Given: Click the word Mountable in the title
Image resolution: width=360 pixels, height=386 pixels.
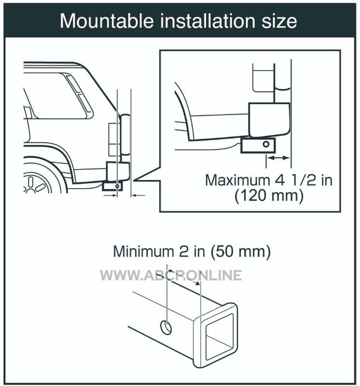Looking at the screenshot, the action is [x=107, y=21].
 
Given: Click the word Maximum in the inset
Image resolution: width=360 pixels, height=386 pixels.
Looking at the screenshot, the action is [x=237, y=180].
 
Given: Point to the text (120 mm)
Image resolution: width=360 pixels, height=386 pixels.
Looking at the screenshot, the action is [x=269, y=196].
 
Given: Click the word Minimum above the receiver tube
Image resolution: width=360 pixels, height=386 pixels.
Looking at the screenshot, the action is [x=144, y=251].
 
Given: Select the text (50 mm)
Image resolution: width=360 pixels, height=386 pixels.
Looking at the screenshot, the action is [x=241, y=252].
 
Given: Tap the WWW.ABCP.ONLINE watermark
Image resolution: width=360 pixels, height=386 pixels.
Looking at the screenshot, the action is [x=171, y=275].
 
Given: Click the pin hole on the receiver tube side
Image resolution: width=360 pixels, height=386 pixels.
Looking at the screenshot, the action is [x=166, y=328].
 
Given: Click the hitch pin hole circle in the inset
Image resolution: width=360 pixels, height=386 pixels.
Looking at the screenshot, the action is [x=266, y=144].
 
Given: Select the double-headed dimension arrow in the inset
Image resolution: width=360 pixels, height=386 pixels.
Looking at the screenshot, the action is [x=278, y=158].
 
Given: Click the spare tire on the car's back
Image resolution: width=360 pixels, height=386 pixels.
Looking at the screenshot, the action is [x=125, y=135].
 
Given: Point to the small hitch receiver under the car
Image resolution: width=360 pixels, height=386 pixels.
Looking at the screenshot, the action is [x=112, y=186].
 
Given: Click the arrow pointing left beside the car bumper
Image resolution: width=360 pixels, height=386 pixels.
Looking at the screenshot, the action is [x=138, y=195].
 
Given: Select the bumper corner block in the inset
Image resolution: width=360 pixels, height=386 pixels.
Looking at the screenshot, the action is [x=269, y=120].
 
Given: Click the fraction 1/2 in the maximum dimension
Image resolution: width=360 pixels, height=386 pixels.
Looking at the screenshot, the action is [x=303, y=180].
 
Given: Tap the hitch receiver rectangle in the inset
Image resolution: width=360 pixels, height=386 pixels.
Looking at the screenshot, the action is [x=258, y=145].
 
